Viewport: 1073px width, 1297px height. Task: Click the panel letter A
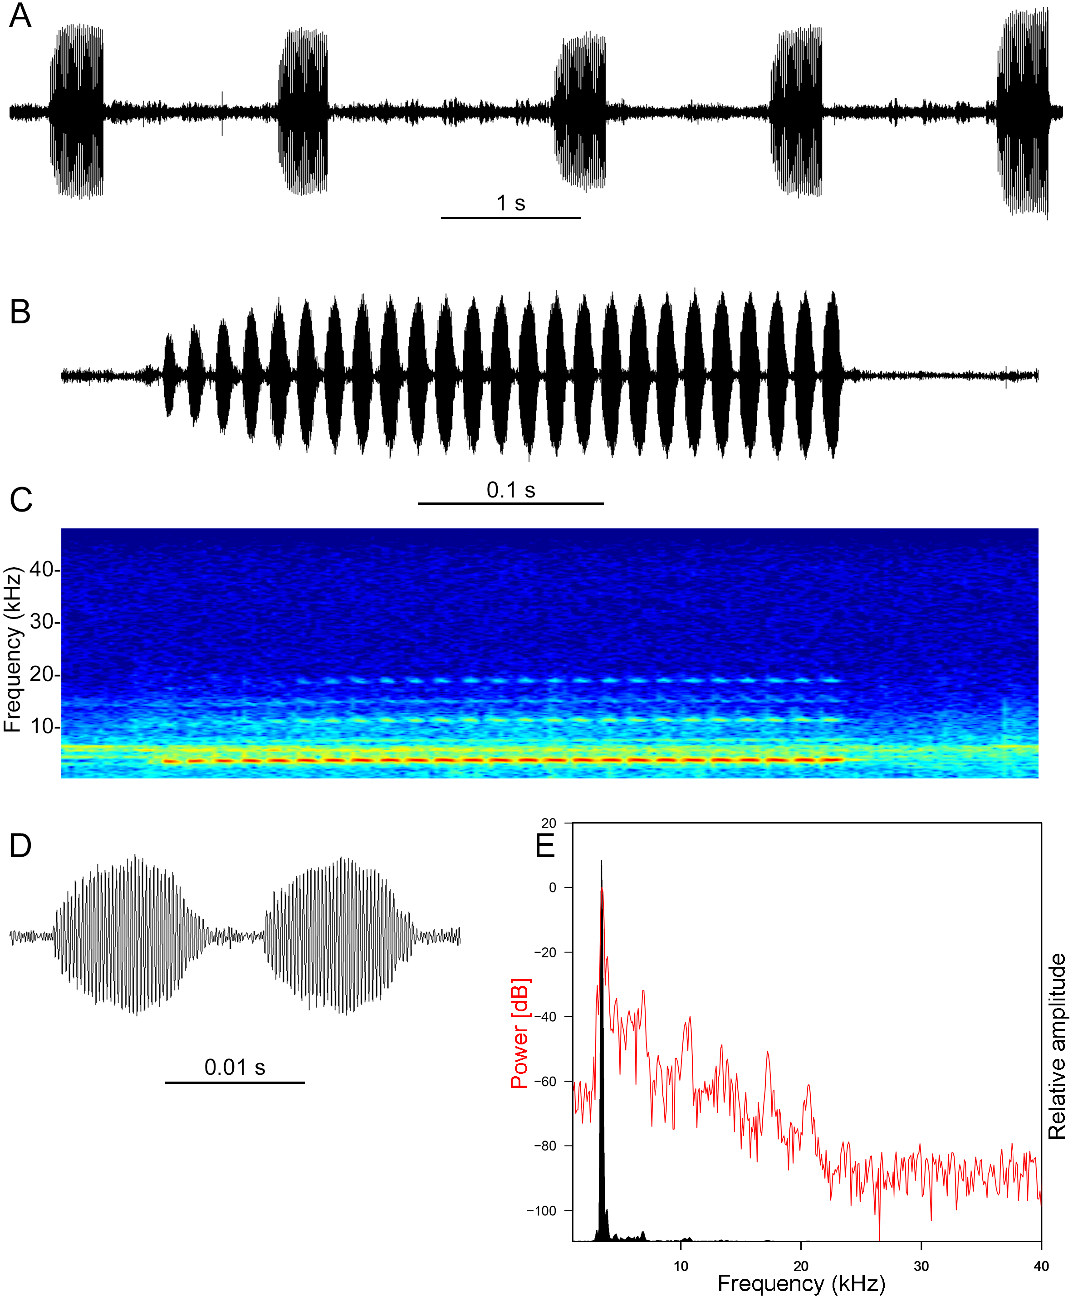pyautogui.click(x=20, y=15)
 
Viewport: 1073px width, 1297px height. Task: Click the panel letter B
pyautogui.click(x=20, y=312)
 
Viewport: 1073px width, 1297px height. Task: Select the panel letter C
pyautogui.click(x=20, y=500)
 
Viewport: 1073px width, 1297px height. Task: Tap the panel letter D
pyautogui.click(x=20, y=845)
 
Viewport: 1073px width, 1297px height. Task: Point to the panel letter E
pyautogui.click(x=545, y=845)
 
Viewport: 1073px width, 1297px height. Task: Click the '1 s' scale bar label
pyautogui.click(x=510, y=203)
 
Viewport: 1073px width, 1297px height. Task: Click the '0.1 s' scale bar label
pyautogui.click(x=510, y=490)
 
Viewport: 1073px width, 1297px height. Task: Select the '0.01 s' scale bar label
pyautogui.click(x=234, y=1067)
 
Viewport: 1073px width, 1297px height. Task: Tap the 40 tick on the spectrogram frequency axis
pyautogui.click(x=42, y=570)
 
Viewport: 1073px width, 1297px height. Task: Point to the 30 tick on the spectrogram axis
pyautogui.click(x=42, y=622)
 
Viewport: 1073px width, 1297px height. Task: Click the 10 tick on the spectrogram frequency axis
pyautogui.click(x=42, y=727)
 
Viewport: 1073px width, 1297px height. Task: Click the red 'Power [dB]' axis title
pyautogui.click(x=519, y=1033)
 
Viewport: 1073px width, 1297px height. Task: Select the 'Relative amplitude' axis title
pyautogui.click(x=1057, y=1046)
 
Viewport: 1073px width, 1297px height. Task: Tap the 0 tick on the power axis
pyautogui.click(x=552, y=887)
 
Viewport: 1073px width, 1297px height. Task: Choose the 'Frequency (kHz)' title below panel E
pyautogui.click(x=801, y=1283)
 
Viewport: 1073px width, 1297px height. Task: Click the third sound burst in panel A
pyautogui.click(x=579, y=112)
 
